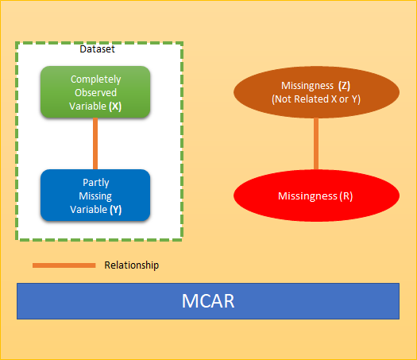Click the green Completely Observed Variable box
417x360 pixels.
click(x=95, y=92)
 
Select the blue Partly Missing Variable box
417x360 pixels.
click(x=95, y=195)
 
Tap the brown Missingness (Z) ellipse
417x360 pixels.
click(x=315, y=92)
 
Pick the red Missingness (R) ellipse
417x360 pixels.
click(x=315, y=195)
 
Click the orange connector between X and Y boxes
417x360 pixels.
click(x=95, y=143)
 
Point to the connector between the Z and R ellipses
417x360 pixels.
click(x=315, y=143)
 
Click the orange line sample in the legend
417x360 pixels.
click(x=64, y=265)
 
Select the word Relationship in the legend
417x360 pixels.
click(x=131, y=265)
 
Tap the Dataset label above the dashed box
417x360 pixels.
click(x=97, y=49)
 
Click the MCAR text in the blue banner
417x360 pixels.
click(x=208, y=301)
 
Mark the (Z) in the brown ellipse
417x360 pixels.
click(x=344, y=85)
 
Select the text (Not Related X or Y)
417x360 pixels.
click(x=315, y=99)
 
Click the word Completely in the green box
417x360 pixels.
click(x=96, y=79)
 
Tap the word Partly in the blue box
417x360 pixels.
click(x=96, y=183)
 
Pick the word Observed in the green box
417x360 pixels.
click(x=96, y=92)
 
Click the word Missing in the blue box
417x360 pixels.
click(x=96, y=195)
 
